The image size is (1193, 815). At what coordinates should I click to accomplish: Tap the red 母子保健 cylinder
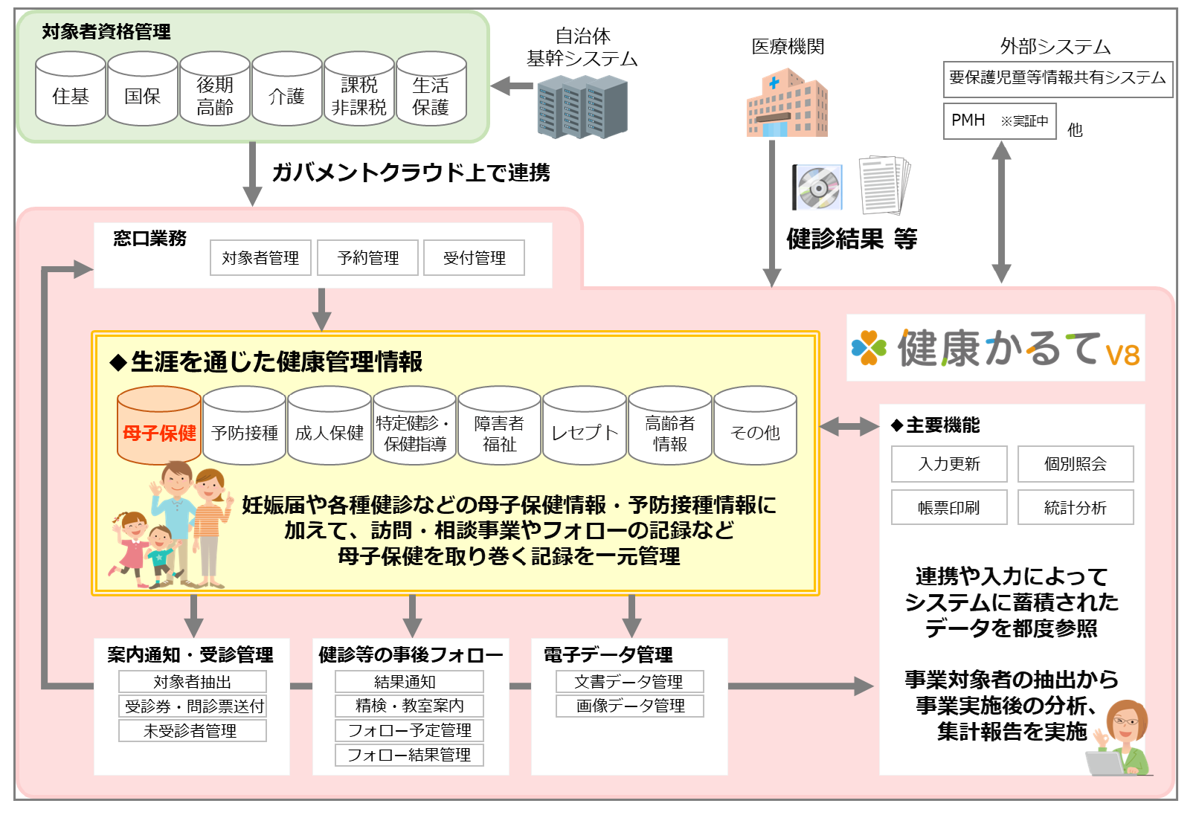pyautogui.click(x=159, y=427)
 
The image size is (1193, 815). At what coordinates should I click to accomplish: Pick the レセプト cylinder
pyautogui.click(x=585, y=427)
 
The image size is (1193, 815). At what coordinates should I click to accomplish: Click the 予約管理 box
pyautogui.click(x=367, y=258)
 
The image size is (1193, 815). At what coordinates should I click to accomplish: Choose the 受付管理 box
pyautogui.click(x=474, y=258)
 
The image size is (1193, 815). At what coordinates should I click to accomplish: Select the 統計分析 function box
pyautogui.click(x=1075, y=507)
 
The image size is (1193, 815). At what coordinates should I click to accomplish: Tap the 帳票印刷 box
pyautogui.click(x=949, y=507)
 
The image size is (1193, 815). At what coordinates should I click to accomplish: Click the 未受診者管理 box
pyautogui.click(x=192, y=731)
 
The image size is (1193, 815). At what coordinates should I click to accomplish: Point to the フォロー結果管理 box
pyautogui.click(x=409, y=755)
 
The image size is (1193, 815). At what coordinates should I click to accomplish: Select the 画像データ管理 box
pyautogui.click(x=630, y=706)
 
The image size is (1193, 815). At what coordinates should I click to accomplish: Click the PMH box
pyautogui.click(x=1000, y=121)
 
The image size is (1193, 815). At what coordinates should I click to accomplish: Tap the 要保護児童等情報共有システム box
pyautogui.click(x=1058, y=79)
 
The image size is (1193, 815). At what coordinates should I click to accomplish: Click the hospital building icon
pyautogui.click(x=787, y=104)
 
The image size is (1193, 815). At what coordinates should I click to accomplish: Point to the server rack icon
pyautogui.click(x=582, y=109)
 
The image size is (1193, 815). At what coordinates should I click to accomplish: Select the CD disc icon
pyautogui.click(x=817, y=187)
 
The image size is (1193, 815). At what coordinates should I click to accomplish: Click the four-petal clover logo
pyautogui.click(x=869, y=347)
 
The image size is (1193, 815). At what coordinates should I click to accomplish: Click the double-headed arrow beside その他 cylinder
pyautogui.click(x=848, y=427)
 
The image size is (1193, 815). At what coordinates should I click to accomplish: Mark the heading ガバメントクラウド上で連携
pyautogui.click(x=411, y=173)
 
